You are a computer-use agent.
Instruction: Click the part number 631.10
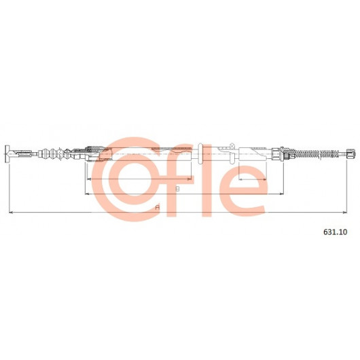click(335, 232)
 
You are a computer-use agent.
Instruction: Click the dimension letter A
click(158, 207)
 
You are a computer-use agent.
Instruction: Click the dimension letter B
click(177, 190)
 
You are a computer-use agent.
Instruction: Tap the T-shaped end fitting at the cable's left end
click(9, 154)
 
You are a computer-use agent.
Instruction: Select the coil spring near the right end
click(317, 154)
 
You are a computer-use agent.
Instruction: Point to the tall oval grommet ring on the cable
click(200, 154)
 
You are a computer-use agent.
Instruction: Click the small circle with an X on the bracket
click(232, 145)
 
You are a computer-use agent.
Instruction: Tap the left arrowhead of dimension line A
click(10, 213)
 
